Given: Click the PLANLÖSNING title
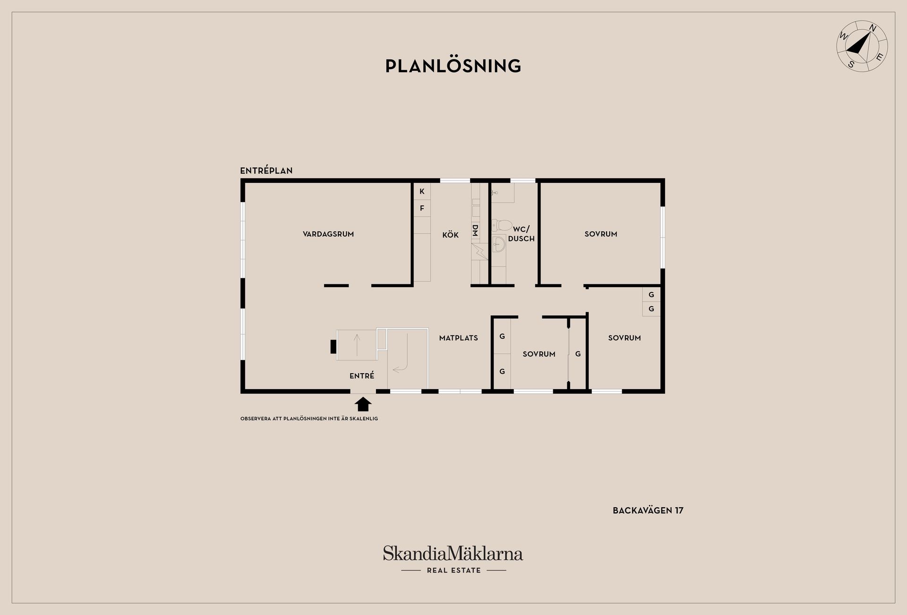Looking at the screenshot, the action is click(453, 66).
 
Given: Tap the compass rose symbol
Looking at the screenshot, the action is click(862, 46).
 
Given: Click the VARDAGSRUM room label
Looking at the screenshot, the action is click(328, 234).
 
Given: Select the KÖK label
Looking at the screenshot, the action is click(450, 235).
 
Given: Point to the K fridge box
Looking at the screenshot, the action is click(422, 191).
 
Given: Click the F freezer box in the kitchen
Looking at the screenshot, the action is click(422, 208).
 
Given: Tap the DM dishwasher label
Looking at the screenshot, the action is click(475, 231).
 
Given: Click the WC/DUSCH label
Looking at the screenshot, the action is click(522, 234).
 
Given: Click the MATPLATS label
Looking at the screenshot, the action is click(458, 338).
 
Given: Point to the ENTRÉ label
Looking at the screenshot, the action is click(362, 376).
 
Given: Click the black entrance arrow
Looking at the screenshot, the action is click(363, 404).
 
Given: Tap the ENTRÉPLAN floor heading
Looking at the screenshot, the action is click(266, 171).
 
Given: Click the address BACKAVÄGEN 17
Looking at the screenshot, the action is click(648, 510).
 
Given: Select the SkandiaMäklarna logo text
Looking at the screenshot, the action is click(453, 553).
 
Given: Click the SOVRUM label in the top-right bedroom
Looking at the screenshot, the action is click(601, 234).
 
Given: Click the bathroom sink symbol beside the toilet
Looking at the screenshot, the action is click(499, 244).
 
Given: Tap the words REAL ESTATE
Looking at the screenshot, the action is click(453, 570).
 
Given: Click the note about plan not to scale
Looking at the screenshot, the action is click(309, 419).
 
